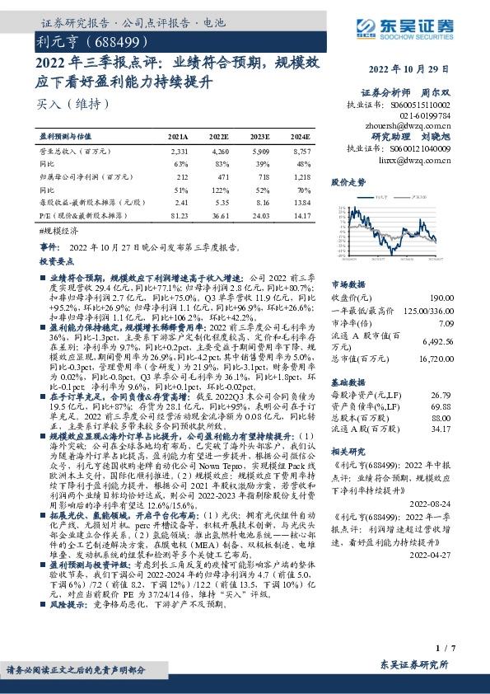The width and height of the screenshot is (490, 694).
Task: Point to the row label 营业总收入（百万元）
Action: click(77, 152)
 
